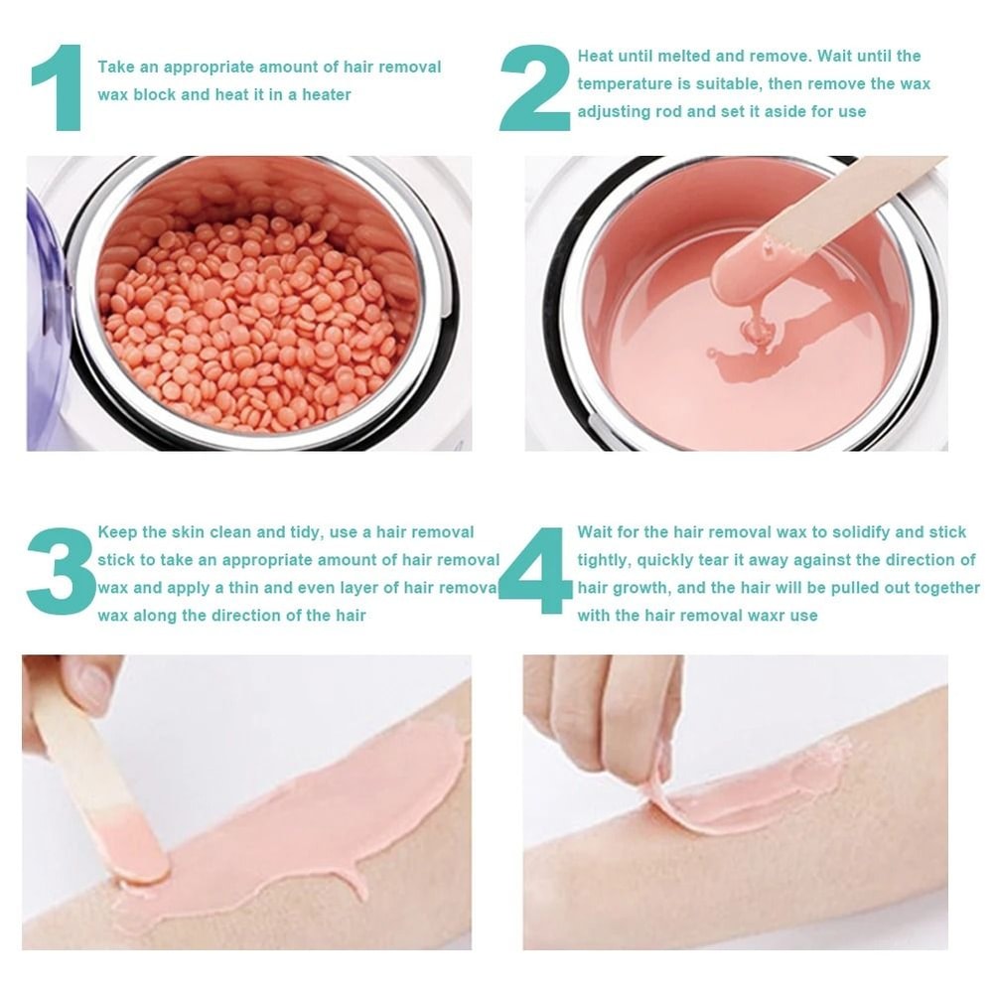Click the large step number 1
(x=58, y=87)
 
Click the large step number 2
(x=534, y=87)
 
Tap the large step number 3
(x=60, y=571)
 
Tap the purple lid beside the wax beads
(x=45, y=318)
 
